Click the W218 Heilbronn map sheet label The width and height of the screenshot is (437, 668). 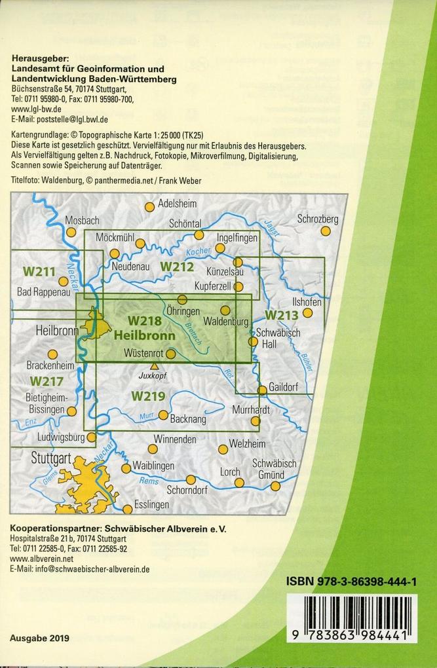click(144, 328)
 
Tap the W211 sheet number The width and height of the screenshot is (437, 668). click(39, 269)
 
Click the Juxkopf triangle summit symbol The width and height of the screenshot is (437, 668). click(154, 366)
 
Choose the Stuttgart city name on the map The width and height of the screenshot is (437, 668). click(50, 458)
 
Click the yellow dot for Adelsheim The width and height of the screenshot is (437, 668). click(149, 207)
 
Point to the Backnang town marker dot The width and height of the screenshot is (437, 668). click(163, 414)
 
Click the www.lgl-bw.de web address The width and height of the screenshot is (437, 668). click(37, 110)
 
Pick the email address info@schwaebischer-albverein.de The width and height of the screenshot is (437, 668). click(79, 570)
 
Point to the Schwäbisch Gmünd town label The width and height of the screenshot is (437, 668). click(274, 469)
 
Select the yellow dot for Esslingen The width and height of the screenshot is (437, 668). click(127, 509)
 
